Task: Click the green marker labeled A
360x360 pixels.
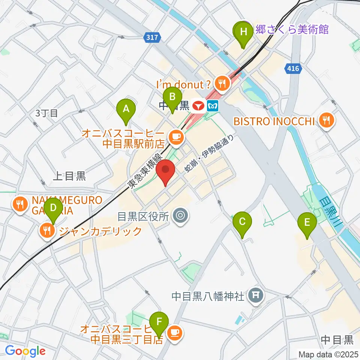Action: point(126,109)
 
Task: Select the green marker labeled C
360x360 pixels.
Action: point(242,222)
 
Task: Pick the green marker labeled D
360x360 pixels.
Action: point(53,208)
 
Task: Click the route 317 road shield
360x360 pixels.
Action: point(152,37)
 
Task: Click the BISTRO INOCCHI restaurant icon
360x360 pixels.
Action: point(327,121)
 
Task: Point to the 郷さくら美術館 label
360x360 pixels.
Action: point(291,30)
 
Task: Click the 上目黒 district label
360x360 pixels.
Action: point(69,176)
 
